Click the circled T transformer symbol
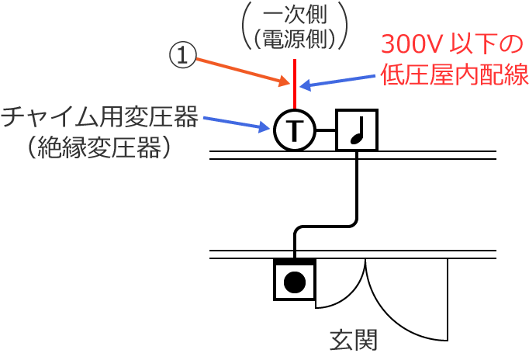(x=294, y=130)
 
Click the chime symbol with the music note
(x=357, y=130)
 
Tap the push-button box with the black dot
(x=295, y=279)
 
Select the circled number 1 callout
(x=182, y=55)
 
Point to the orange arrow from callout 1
(x=240, y=71)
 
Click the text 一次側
(x=295, y=16)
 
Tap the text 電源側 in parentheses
(x=295, y=37)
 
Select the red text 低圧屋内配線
(x=455, y=75)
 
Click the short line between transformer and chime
(x=326, y=130)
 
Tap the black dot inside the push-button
(x=295, y=282)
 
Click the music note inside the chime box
(x=357, y=130)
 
